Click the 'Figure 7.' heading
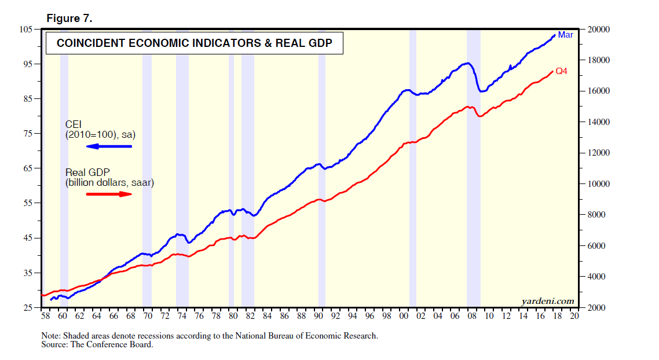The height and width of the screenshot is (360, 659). coord(69,19)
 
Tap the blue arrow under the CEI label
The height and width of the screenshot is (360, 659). coord(109,146)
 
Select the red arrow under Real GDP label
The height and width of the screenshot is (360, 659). coord(109,194)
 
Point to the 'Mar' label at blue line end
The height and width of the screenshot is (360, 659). coord(565,35)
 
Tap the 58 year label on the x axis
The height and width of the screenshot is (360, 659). coord(45,317)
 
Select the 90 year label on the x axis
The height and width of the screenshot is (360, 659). coord(318,317)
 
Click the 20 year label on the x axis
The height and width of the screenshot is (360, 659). coord(574,317)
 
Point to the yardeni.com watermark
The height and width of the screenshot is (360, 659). coord(547,301)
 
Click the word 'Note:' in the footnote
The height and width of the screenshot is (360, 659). coord(52,336)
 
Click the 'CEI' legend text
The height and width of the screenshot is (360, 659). coord(74,124)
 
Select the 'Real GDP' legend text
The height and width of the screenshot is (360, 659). coord(84,172)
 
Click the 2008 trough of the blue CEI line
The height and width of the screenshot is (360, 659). coord(481,91)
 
